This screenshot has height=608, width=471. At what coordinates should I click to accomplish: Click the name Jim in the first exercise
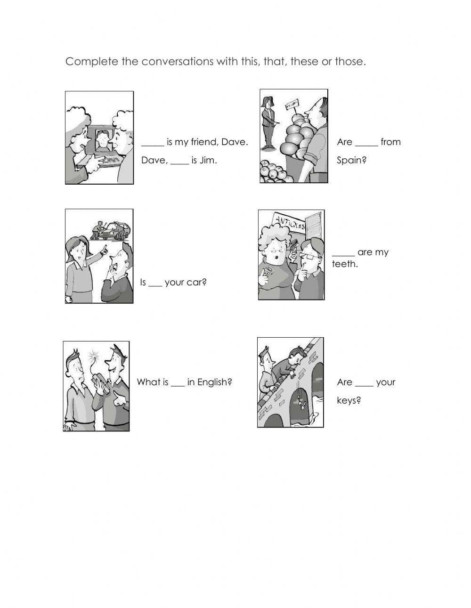208,160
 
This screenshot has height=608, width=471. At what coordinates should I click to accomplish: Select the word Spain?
351,160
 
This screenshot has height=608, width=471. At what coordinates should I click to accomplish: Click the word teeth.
345,264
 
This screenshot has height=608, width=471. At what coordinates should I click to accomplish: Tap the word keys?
349,401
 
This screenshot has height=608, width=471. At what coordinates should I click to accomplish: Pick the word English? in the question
214,382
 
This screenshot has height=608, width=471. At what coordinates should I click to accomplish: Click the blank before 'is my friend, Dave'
153,143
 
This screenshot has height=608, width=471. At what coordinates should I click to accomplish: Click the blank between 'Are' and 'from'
366,143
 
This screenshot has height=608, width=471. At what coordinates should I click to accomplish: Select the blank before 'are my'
343,253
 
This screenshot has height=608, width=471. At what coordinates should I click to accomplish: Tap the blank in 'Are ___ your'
364,383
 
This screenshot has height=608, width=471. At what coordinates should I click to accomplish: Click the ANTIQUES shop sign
288,222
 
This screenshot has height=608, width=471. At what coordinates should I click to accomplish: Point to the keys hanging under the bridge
299,400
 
